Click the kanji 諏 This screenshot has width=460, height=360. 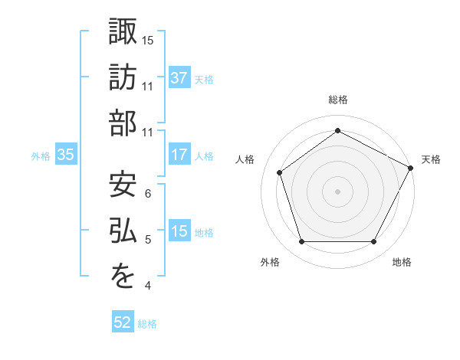[x=123, y=31]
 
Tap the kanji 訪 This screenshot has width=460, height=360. [x=123, y=77]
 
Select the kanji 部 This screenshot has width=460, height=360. [x=123, y=123]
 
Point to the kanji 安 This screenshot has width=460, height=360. [x=123, y=185]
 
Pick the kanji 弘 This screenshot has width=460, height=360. [x=123, y=231]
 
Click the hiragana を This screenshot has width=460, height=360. [x=123, y=277]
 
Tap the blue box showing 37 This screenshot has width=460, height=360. [x=179, y=77]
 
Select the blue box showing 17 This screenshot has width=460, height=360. [x=179, y=155]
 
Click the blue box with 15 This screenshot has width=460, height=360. [x=179, y=231]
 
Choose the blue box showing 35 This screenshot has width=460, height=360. [x=66, y=155]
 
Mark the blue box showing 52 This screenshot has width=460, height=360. [x=123, y=322]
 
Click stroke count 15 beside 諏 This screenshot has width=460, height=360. [x=149, y=40]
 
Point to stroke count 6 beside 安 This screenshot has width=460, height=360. [x=148, y=194]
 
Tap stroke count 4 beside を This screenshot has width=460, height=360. [x=148, y=286]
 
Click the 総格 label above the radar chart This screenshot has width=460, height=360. [x=337, y=100]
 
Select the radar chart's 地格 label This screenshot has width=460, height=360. [x=402, y=262]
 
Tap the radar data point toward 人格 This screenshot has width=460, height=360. [x=280, y=172]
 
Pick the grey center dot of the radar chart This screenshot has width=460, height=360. [x=337, y=191]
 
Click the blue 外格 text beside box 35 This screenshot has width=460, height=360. [x=41, y=156]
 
